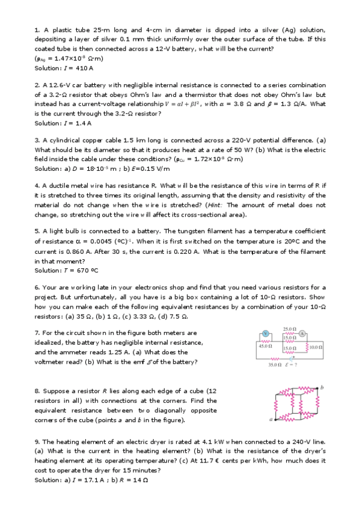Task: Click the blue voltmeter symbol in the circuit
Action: point(266,333)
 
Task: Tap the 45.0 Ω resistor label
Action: point(265,346)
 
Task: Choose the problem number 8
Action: point(37,392)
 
